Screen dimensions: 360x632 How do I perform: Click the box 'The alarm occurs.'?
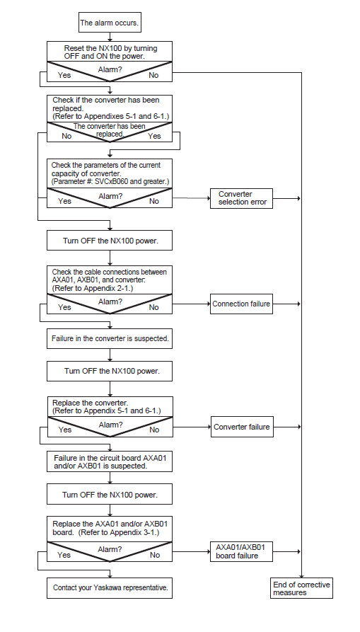coord(110,22)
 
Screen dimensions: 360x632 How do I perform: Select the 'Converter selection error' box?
coord(241,198)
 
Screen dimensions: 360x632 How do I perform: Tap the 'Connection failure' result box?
coord(241,304)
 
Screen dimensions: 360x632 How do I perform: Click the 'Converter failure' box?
coord(242,427)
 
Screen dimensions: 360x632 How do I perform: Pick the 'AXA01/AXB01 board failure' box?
coord(241,551)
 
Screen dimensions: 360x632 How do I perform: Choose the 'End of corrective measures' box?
coord(301,588)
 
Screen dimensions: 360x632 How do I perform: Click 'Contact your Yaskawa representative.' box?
coord(110,588)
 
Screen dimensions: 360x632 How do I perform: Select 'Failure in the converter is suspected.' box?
coord(110,339)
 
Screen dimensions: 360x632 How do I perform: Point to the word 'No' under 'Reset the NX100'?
coord(153,75)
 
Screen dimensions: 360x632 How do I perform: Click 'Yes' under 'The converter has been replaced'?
coord(154,136)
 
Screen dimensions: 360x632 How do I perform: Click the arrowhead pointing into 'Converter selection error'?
coord(208,198)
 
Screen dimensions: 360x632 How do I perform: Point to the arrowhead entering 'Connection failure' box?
coord(208,304)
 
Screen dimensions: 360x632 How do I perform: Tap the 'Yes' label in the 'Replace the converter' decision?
coord(65,430)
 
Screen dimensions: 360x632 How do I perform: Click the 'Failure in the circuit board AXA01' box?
coord(110,461)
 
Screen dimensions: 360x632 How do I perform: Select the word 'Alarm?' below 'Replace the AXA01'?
coord(110,549)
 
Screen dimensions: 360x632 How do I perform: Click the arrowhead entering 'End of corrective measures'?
coord(301,576)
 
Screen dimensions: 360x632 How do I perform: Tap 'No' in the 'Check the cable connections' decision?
coord(153,308)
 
